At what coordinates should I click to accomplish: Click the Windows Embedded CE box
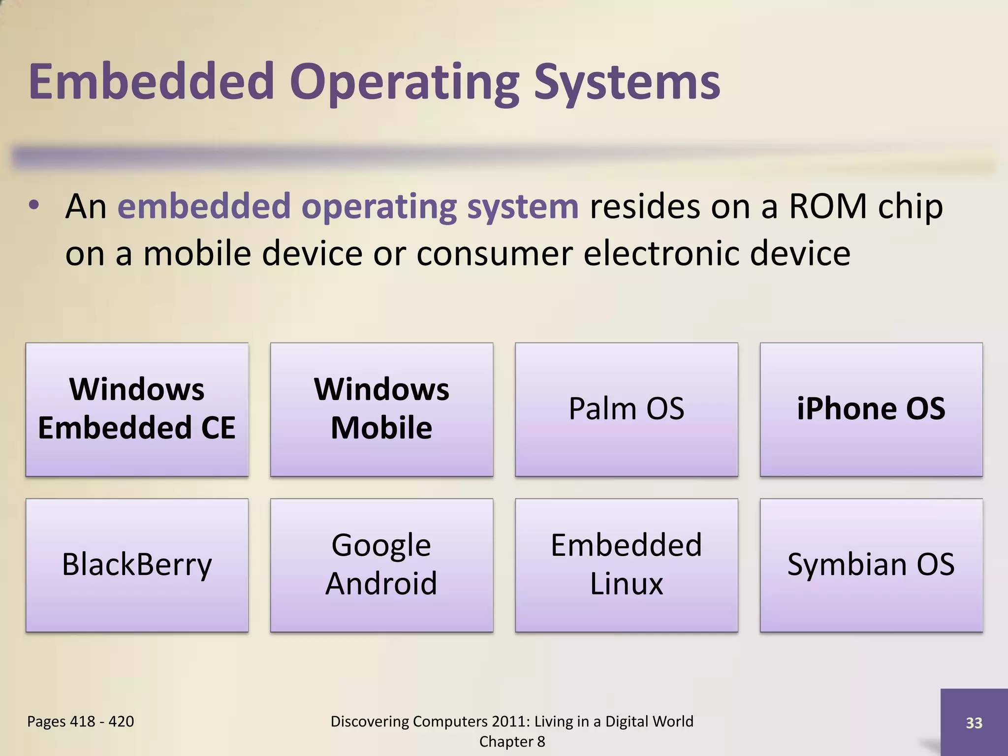(137, 409)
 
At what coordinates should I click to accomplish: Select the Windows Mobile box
(381, 409)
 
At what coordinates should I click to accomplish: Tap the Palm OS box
(626, 409)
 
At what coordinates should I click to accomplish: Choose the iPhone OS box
(871, 409)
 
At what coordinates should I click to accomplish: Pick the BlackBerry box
(137, 565)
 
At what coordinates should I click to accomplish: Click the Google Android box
(381, 565)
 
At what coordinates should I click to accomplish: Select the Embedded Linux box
(626, 565)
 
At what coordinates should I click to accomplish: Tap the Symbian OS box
(871, 565)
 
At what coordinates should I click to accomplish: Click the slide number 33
(974, 723)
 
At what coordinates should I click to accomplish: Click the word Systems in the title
(627, 83)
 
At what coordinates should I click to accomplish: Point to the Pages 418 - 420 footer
(80, 722)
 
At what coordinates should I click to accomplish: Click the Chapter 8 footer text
(512, 742)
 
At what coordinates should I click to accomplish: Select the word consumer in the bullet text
(494, 253)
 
